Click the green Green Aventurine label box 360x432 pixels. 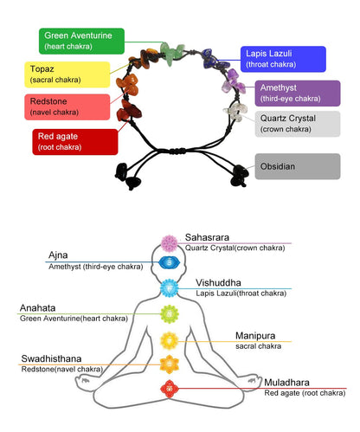click(x=81, y=41)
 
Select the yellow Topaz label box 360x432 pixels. click(x=67, y=74)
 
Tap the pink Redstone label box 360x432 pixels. click(x=67, y=106)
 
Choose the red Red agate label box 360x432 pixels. click(x=75, y=142)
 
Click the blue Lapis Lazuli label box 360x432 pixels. click(x=283, y=59)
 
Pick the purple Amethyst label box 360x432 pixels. click(x=298, y=93)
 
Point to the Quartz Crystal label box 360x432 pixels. click(x=298, y=124)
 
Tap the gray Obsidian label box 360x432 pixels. click(x=298, y=166)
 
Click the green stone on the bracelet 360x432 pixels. click(x=172, y=53)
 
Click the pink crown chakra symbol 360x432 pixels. click(x=170, y=243)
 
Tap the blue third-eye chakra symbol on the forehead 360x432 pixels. click(x=170, y=263)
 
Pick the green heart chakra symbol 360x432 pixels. click(x=170, y=314)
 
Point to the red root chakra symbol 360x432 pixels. click(x=170, y=389)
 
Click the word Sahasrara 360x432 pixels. click(x=207, y=237)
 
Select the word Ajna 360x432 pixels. click(x=58, y=255)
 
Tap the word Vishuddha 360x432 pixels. click(x=218, y=282)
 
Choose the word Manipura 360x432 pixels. click(x=255, y=336)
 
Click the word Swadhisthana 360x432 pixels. click(x=51, y=358)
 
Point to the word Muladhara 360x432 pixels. click(x=286, y=383)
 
